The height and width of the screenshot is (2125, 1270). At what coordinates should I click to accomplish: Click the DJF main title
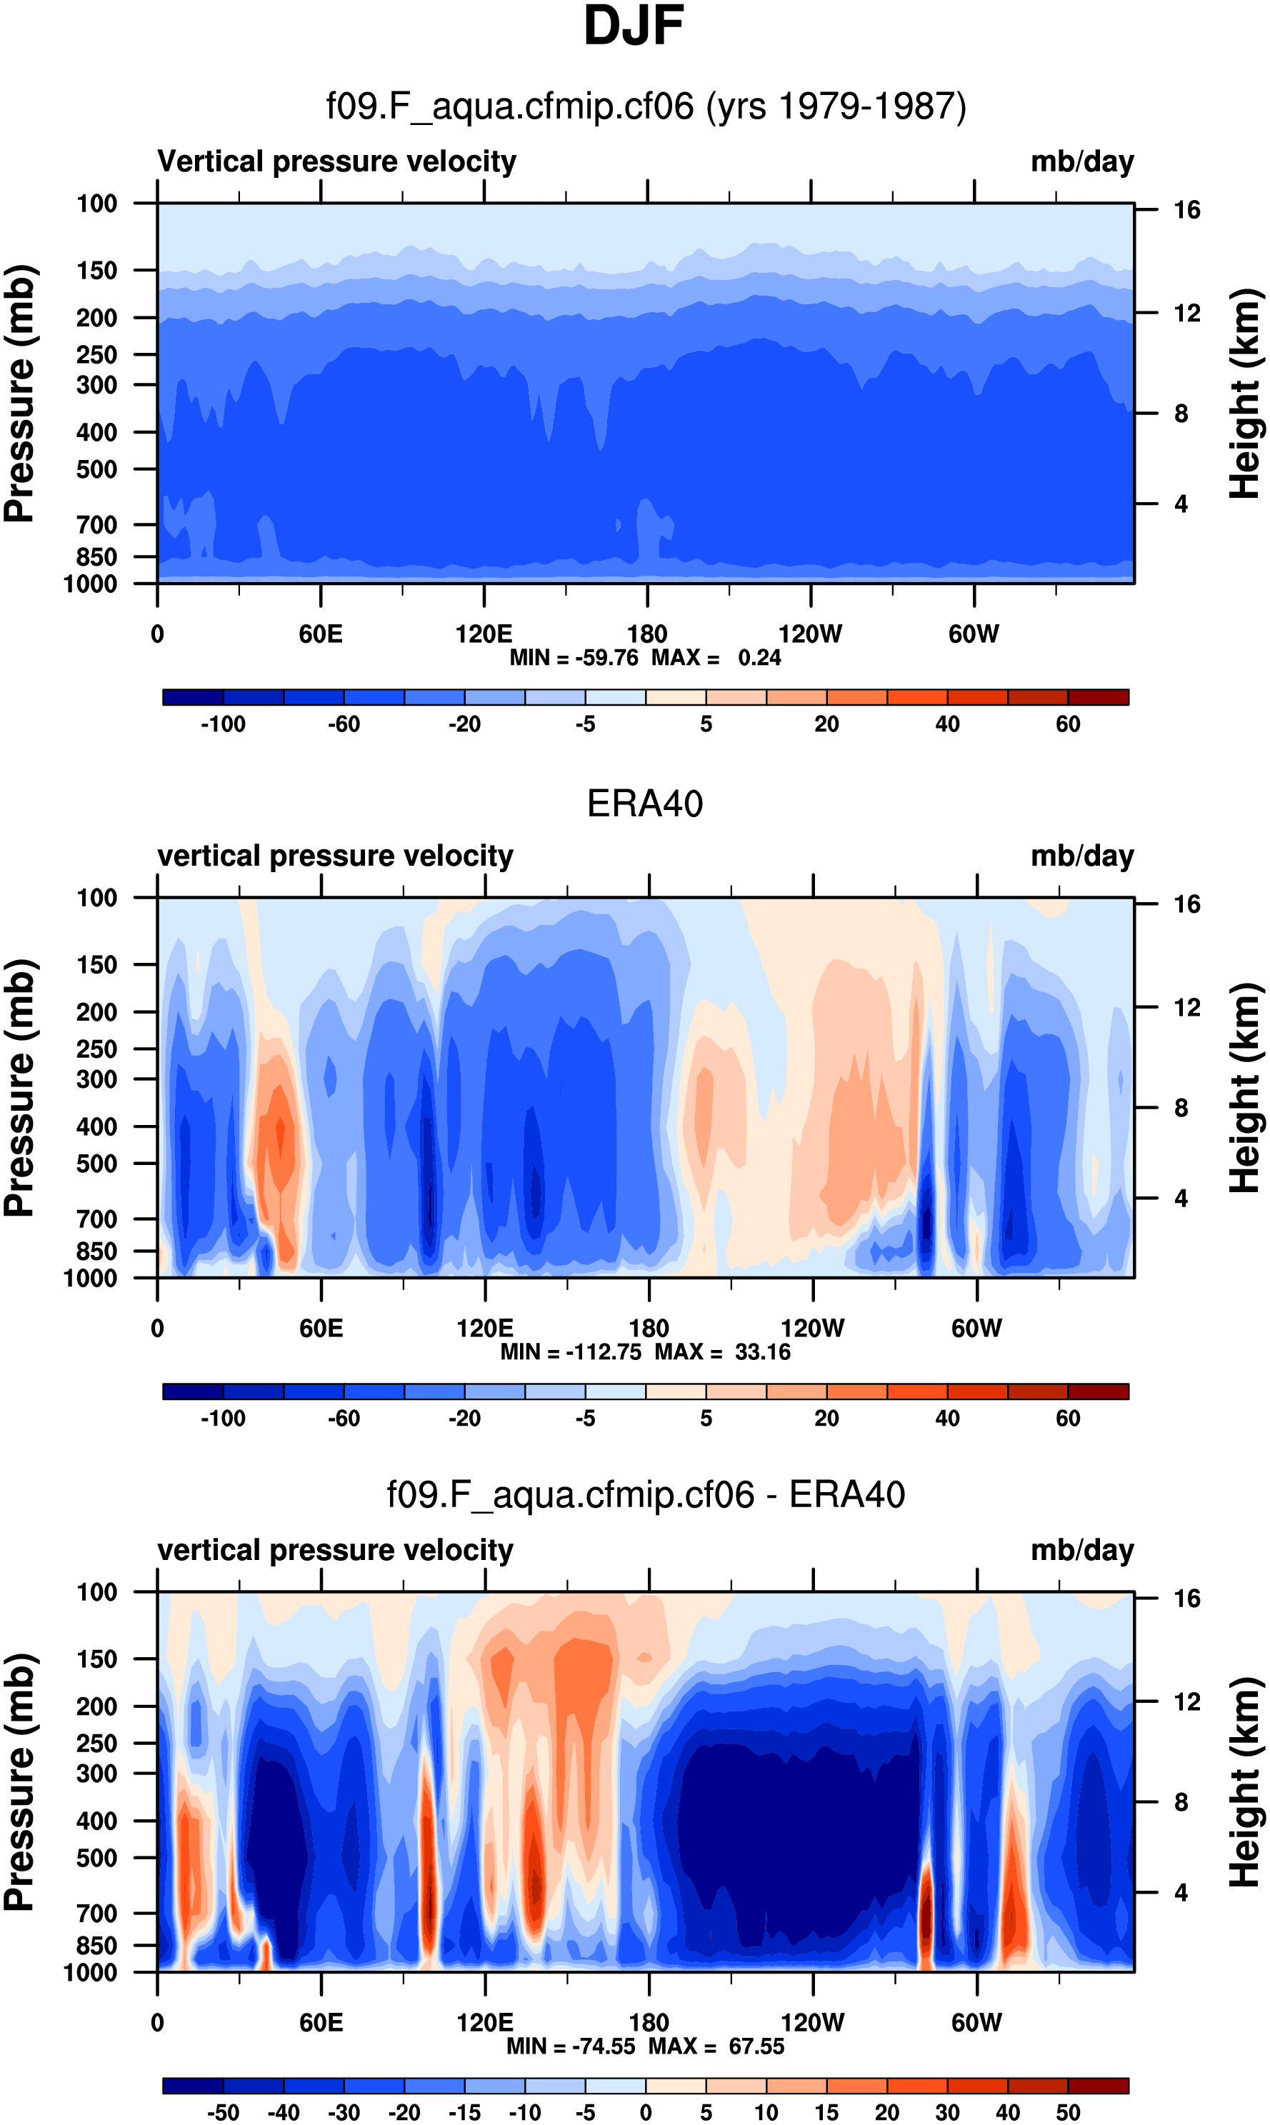[x=634, y=26]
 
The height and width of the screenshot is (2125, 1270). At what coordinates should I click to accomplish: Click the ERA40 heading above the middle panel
[x=644, y=804]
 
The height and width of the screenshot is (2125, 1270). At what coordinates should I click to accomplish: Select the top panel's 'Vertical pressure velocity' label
[x=336, y=161]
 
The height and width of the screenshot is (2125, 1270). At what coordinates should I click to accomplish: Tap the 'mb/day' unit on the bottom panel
[x=1081, y=1550]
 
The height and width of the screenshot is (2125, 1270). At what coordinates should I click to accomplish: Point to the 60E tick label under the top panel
[x=321, y=634]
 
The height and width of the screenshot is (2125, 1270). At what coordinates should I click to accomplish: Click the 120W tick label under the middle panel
[x=812, y=1329]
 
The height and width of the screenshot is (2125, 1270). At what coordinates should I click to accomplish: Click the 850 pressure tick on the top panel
[x=96, y=557]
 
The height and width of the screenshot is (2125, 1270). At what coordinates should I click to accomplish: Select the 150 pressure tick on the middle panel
[x=96, y=964]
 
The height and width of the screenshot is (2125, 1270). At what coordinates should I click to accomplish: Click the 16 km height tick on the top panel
[x=1186, y=210]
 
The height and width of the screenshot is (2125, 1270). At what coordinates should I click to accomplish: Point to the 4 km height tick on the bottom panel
[x=1181, y=1892]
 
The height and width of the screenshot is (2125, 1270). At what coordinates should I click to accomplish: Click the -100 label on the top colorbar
[x=223, y=724]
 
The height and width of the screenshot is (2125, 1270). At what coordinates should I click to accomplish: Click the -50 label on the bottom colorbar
[x=223, y=2112]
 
